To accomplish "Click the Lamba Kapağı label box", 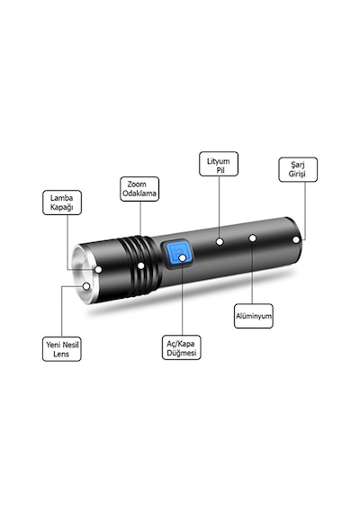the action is point(62,202).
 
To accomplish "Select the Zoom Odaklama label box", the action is point(139,189).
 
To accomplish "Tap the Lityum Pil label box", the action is point(219,164).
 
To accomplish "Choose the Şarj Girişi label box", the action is point(298,169).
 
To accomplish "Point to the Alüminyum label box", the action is point(254,316).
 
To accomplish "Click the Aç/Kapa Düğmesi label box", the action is point(181,347).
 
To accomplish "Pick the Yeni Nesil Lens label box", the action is point(62,349).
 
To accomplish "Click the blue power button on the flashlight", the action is point(177,255).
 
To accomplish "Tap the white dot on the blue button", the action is point(183,257).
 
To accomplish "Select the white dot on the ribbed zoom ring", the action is point(140,265).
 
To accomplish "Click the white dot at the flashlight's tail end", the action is point(296,239).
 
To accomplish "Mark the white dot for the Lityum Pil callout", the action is point(220,242).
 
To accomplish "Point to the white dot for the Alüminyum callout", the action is point(252,238).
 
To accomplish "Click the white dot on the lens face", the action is point(86,286).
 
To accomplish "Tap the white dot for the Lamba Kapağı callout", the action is point(98,270).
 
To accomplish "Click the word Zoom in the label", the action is point(137,184).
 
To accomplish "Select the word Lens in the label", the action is point(61,354).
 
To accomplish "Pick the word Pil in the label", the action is point(220,170).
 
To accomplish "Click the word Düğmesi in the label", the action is point(182,353).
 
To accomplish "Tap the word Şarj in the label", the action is point(298,165).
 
